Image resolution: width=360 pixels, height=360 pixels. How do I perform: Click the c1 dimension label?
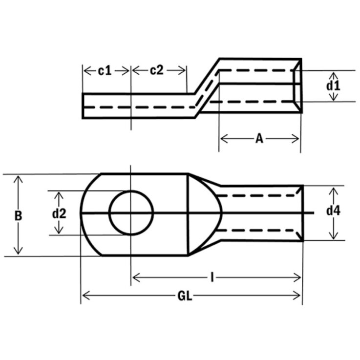point(105,71)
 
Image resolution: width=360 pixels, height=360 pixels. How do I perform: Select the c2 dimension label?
point(156,71)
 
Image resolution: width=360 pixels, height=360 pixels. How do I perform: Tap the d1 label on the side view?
point(333,86)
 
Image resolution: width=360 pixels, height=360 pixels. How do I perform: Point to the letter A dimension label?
point(259,139)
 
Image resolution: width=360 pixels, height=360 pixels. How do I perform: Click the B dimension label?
point(18,215)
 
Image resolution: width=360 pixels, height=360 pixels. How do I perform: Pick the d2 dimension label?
point(59,213)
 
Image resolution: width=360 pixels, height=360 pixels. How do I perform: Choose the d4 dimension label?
point(333,212)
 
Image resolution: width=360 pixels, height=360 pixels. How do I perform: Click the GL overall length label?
point(185,296)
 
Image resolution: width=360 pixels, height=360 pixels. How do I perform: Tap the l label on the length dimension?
point(212,278)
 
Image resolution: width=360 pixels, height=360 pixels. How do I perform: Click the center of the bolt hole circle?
point(131,213)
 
